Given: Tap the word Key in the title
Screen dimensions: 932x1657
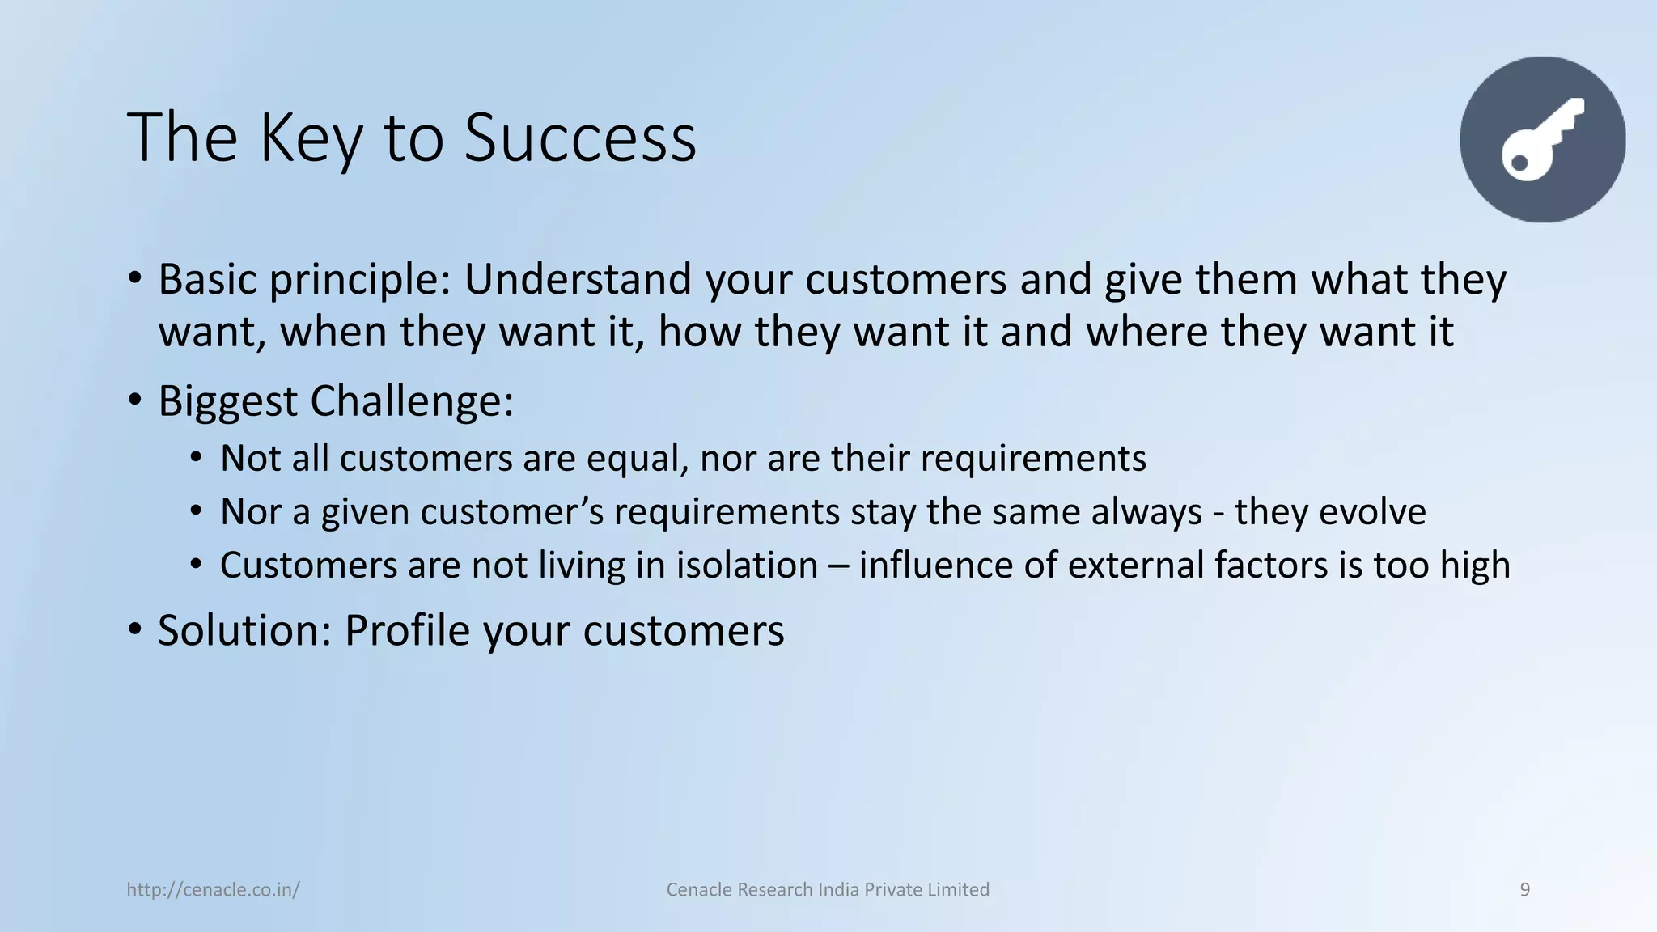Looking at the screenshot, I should tap(310, 138).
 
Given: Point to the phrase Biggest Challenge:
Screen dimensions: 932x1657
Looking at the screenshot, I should tap(336, 400).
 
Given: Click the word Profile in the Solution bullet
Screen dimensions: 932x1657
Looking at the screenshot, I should tap(406, 630).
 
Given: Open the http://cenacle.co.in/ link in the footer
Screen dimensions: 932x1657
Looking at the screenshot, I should tap(213, 890).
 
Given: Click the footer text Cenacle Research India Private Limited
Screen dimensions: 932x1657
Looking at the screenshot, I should tap(828, 890).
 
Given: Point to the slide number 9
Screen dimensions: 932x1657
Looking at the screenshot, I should tap(1524, 890).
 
